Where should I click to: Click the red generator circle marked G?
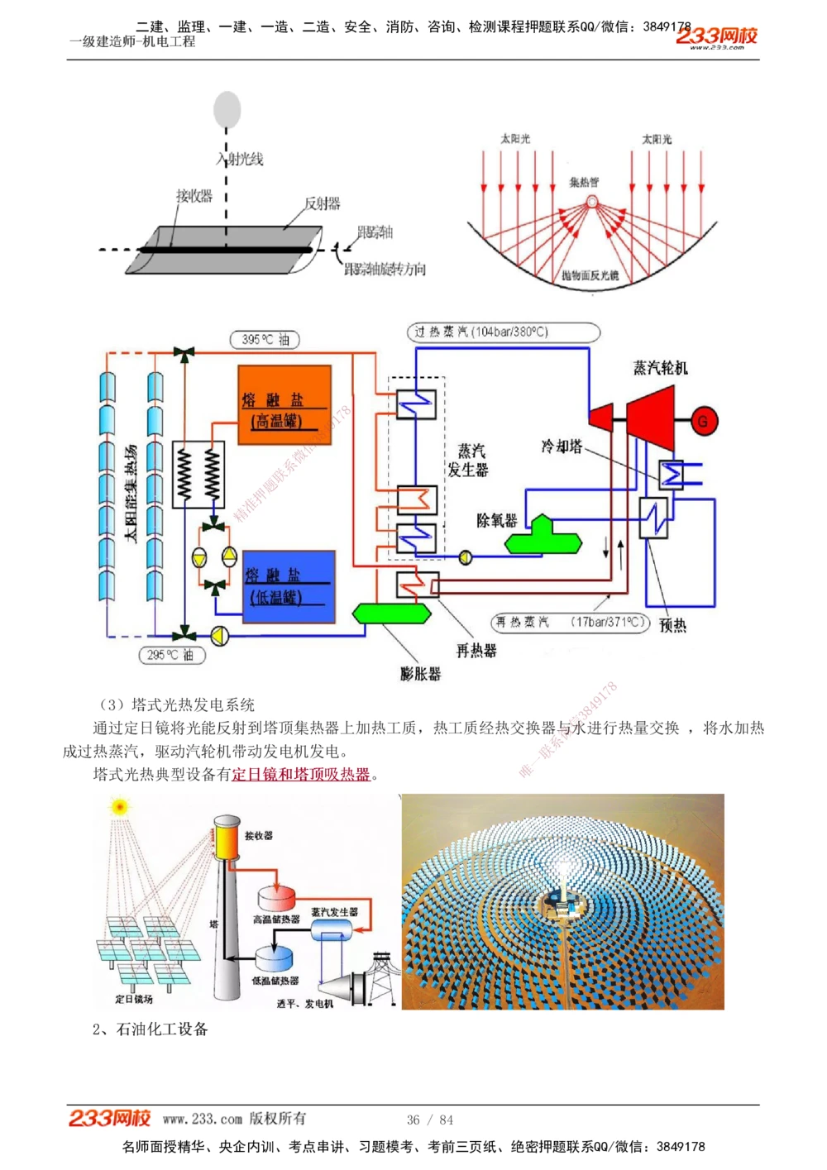tap(703, 421)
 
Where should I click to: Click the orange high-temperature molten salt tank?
tap(284, 405)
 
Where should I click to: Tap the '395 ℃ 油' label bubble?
tap(265, 339)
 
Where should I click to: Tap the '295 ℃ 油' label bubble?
tap(171, 655)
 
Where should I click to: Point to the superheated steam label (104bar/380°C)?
tap(503, 332)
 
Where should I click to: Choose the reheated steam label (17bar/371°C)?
tap(571, 622)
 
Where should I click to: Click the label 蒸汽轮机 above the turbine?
tap(660, 367)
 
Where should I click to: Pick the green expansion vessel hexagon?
tap(392, 613)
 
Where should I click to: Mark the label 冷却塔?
tap(562, 447)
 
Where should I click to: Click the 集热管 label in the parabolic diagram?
tap(584, 182)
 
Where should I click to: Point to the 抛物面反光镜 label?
tap(590, 275)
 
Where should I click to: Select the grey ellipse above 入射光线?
tap(227, 110)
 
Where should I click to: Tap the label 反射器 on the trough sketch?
tap(322, 203)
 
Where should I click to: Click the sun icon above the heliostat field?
tap(121, 806)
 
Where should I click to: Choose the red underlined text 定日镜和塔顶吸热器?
tap(301, 775)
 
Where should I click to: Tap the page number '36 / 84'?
tap(430, 1120)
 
